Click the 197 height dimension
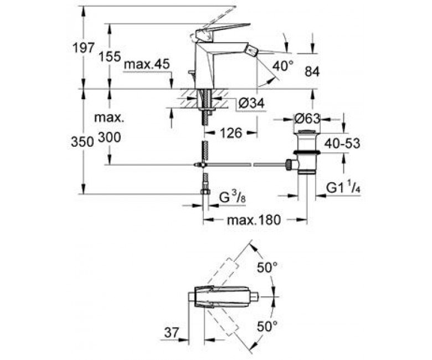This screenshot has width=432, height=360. click(x=83, y=48)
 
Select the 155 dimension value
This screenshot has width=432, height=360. click(x=110, y=56)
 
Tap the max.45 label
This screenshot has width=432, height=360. click(x=147, y=65)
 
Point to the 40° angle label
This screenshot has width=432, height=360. click(x=283, y=66)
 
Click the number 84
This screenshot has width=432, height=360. click(x=312, y=72)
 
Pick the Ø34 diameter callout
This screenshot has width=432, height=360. click(x=251, y=103)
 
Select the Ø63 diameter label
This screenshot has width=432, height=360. click(x=307, y=119)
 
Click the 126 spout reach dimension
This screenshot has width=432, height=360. click(x=231, y=133)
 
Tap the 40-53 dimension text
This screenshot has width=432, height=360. click(x=342, y=143)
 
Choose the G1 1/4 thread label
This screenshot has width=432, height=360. click(x=343, y=188)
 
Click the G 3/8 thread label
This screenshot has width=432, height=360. click(x=232, y=198)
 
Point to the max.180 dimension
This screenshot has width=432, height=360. click(x=254, y=220)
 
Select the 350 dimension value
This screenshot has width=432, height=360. click(x=83, y=142)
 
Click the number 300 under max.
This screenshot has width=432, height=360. click(x=109, y=137)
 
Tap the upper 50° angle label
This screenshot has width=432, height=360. click(x=267, y=268)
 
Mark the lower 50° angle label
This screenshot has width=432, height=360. click(x=267, y=326)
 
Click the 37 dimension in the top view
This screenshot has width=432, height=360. click(x=172, y=333)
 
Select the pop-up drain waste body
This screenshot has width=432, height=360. click(x=307, y=152)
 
